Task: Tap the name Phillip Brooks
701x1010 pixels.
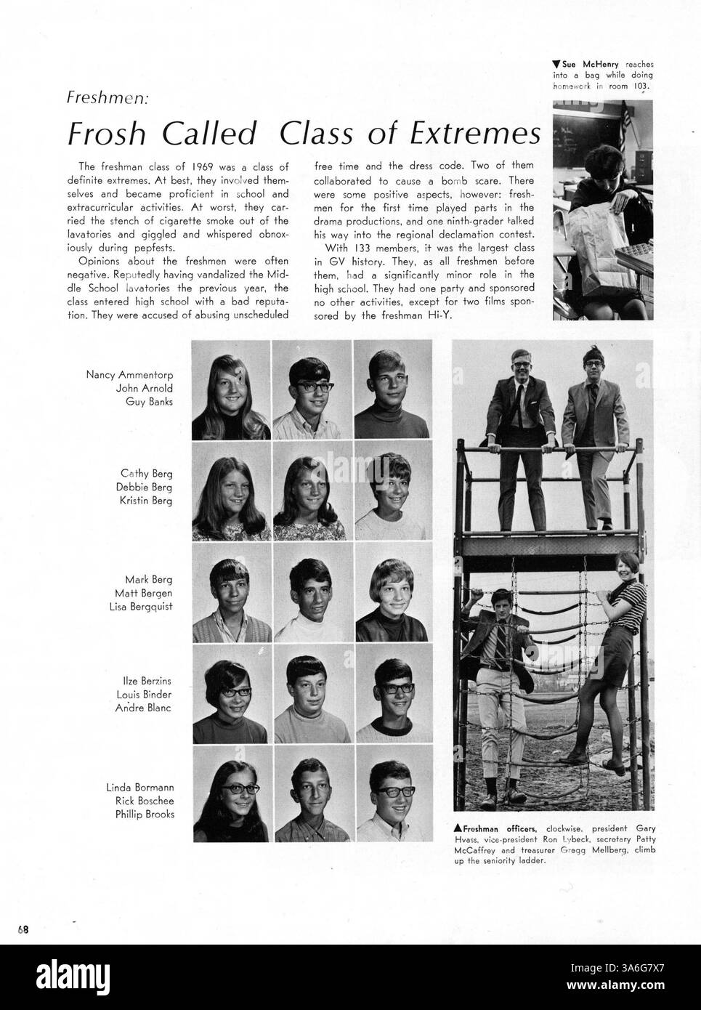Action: pyautogui.click(x=145, y=815)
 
